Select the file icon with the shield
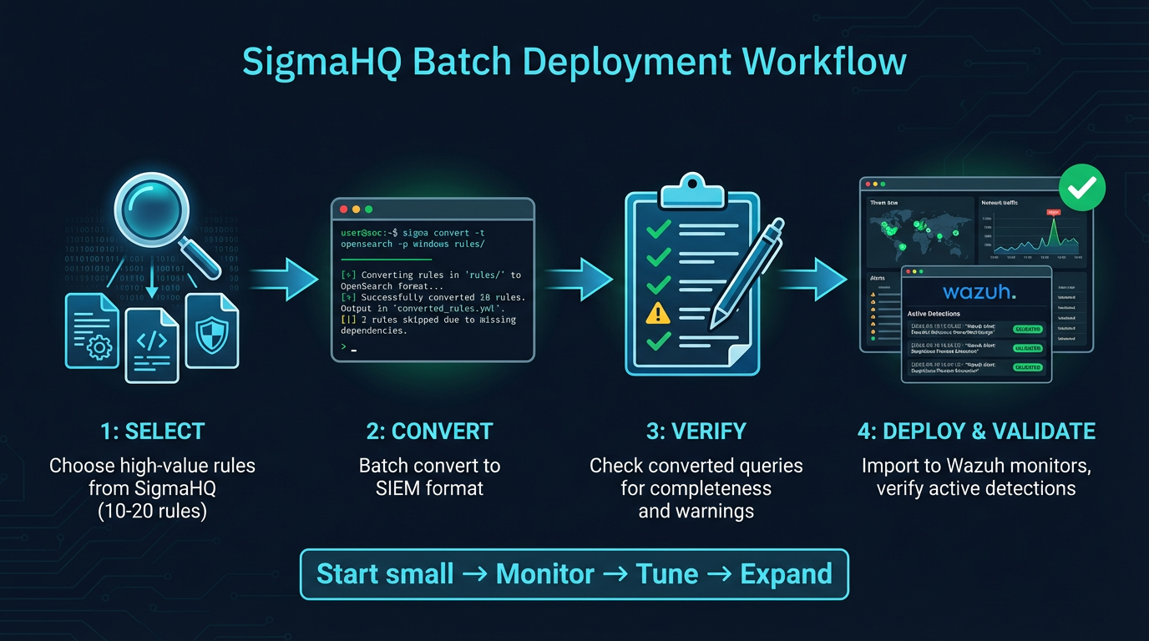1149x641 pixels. [211, 331]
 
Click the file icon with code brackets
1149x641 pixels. [152, 345]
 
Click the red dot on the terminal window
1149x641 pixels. [343, 209]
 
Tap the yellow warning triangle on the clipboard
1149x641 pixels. [658, 313]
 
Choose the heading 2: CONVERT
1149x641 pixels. [429, 432]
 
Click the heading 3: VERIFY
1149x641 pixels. [696, 432]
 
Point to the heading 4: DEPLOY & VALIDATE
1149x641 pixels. [976, 432]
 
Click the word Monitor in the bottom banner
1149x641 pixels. [544, 574]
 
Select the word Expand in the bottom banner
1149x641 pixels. [785, 574]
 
